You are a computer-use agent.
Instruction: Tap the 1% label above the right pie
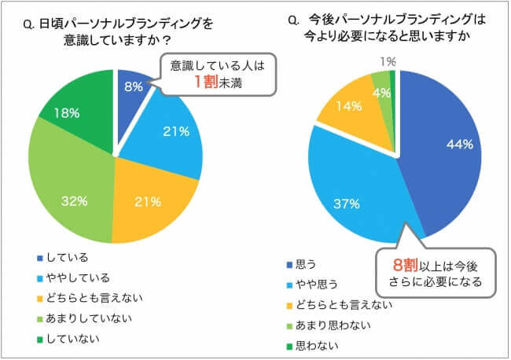tap(386, 61)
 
